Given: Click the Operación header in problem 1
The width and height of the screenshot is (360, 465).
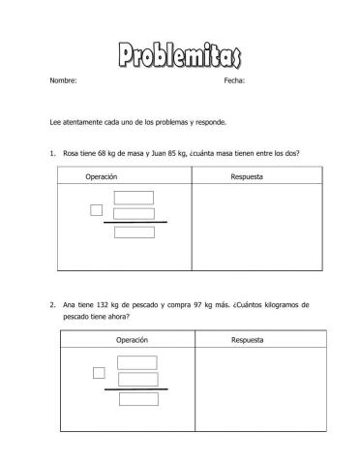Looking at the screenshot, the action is tap(102, 177).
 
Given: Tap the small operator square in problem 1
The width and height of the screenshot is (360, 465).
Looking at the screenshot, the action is tap(96, 210).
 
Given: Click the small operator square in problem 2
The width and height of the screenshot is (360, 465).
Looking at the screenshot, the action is tap(99, 373).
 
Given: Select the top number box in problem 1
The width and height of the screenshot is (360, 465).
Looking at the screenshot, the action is tap(134, 199).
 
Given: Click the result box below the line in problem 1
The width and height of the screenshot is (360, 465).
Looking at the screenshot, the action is tap(134, 232).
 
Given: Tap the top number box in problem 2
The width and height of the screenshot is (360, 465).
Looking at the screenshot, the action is tap(137, 362).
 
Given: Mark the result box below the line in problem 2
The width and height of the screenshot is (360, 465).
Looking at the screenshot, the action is tap(137, 398).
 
